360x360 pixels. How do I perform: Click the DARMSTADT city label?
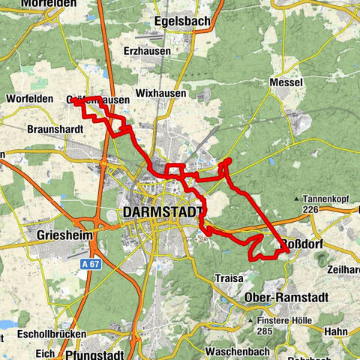coord(161,212)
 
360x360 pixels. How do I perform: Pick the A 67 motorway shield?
coord(90,264)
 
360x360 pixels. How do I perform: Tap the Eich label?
coord(46,351)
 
